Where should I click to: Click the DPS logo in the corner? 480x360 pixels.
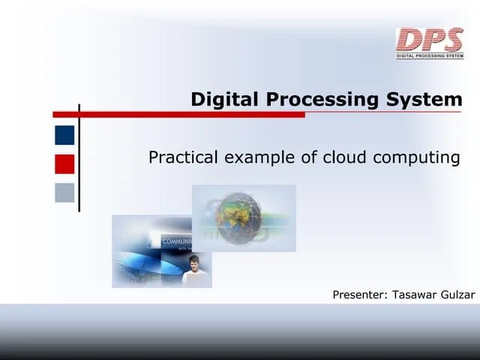pos(430,40)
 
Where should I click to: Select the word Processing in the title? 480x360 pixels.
pos(314,99)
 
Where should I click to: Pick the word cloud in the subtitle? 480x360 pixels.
pos(345,157)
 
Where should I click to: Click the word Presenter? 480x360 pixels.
pos(360,295)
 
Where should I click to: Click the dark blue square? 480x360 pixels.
pos(64,135)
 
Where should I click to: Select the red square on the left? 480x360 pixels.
pos(64,163)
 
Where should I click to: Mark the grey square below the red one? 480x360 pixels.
pos(64,193)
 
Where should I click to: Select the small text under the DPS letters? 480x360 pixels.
pos(430,55)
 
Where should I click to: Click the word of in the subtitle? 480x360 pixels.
pos(310,157)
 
